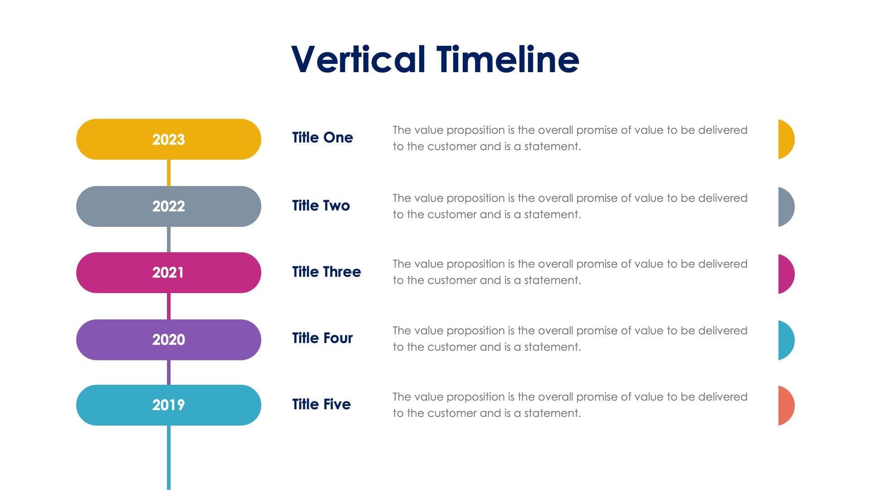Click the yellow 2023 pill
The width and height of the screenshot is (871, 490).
coord(168,139)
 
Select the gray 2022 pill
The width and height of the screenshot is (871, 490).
coord(168,206)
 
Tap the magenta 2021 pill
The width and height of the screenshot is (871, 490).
coord(168,273)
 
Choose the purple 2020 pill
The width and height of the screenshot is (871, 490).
coord(168,340)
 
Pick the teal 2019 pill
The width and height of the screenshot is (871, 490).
coord(168,405)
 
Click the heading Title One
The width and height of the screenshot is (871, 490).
coord(322,137)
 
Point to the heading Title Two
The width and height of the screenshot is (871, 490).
coord(321,206)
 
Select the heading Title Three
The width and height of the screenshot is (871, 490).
coord(326,272)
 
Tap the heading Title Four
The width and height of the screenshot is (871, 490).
coord(322,338)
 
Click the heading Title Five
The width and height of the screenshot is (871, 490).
coord(321,404)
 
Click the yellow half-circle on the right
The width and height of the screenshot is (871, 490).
coord(785,139)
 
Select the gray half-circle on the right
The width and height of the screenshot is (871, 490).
coord(785,207)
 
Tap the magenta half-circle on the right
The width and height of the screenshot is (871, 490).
coord(785,274)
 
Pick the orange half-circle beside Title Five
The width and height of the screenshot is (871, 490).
coord(785,406)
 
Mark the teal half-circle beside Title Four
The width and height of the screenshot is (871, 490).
coord(785,340)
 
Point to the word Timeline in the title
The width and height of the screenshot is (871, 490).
coord(508,59)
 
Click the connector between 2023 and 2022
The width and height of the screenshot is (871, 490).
coord(169,173)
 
